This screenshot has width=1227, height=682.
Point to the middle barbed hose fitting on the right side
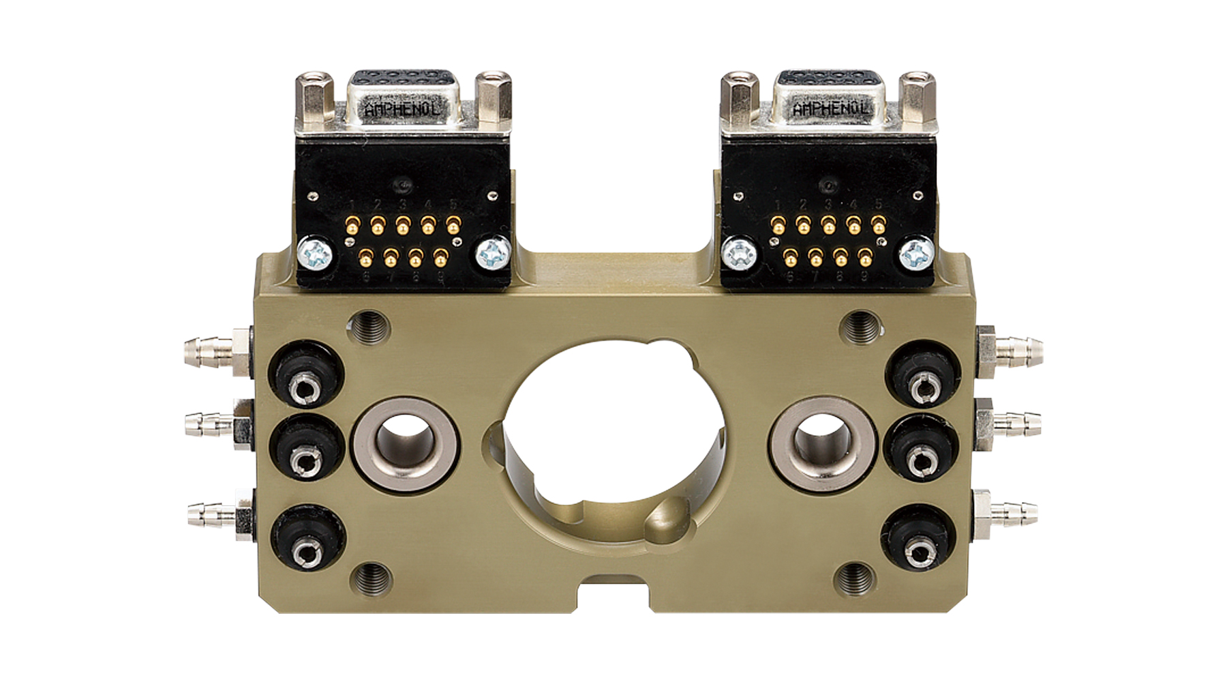(x=1012, y=422)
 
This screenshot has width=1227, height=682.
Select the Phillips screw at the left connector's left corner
(x=315, y=255)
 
